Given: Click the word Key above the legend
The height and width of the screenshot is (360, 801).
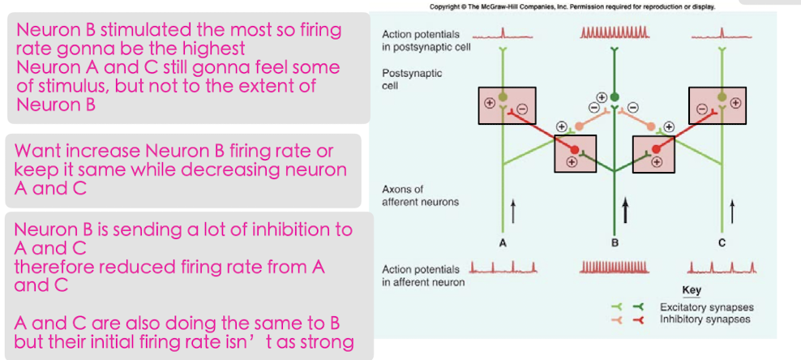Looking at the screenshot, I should tap(692, 290).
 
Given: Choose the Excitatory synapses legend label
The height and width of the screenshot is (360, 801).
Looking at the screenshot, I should tap(706, 307).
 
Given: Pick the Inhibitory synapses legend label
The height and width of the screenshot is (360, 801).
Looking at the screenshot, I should tap(705, 319).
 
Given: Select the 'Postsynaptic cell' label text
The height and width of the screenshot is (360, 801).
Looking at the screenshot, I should tap(411, 79).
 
